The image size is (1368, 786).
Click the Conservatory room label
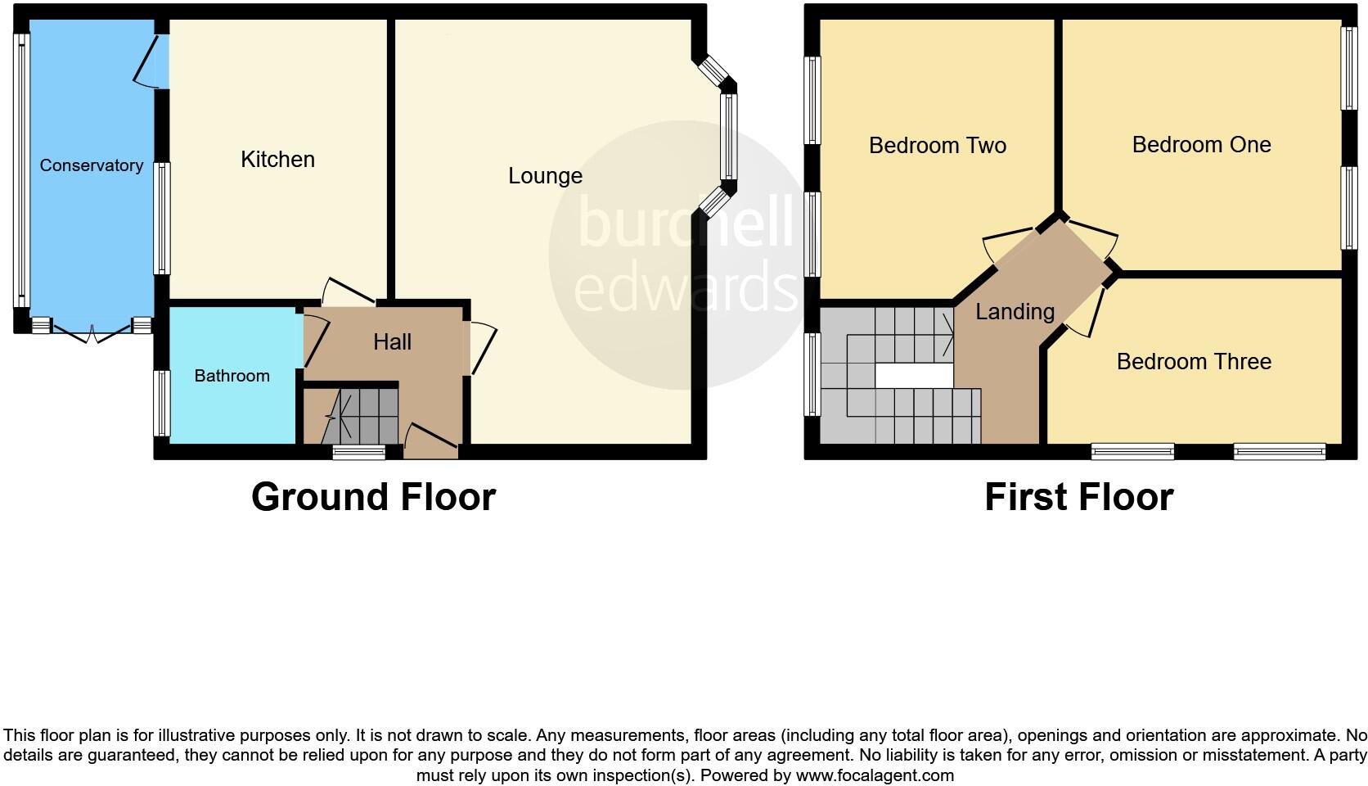click(91, 165)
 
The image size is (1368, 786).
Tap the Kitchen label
click(277, 159)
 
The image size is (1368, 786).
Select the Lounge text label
click(545, 175)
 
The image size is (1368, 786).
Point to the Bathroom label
click(232, 376)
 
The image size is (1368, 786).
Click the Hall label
click(392, 341)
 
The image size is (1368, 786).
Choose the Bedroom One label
click(1201, 145)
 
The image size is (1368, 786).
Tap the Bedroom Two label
click(937, 146)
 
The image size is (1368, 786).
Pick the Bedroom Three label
click(1194, 361)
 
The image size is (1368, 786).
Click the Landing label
click(1015, 311)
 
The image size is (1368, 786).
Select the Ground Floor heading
click(373, 496)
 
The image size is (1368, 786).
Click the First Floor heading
click(1078, 496)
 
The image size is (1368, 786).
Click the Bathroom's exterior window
click(162, 403)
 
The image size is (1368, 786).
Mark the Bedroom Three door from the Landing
click(1087, 311)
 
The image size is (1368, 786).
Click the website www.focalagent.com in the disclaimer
click(874, 775)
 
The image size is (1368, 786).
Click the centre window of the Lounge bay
click(728, 136)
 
